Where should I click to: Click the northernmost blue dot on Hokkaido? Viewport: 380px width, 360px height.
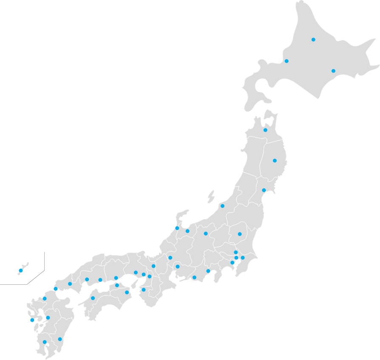tap(313, 40)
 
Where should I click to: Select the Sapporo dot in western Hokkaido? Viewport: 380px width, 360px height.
tap(286, 61)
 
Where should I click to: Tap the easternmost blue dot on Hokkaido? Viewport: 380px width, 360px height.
tap(333, 71)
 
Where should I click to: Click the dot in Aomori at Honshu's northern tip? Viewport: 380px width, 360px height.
tap(265, 130)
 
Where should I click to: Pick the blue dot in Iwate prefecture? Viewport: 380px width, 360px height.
tap(275, 161)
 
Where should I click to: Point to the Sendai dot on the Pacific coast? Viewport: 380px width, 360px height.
tap(264, 190)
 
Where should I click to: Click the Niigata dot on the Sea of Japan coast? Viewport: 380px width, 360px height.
tap(222, 206)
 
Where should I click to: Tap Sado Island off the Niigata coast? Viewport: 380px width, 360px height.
tap(211, 197)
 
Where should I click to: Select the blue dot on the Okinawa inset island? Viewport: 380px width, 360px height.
tap(20, 270)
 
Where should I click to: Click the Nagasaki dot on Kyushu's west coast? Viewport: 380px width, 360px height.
tap(32, 320)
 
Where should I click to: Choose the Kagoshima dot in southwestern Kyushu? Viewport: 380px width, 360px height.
tap(45, 342)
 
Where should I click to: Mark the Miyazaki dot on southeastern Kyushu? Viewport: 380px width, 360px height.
tap(60, 339)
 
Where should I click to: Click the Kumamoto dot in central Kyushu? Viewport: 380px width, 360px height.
tap(48, 318)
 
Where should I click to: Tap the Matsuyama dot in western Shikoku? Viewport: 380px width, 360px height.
tap(93, 298)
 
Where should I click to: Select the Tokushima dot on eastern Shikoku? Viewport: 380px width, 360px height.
tap(127, 292)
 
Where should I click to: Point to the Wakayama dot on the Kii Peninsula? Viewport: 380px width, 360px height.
tap(143, 290)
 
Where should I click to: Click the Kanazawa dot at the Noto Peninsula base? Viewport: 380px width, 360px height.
tap(177, 228)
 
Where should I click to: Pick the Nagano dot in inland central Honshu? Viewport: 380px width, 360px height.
tap(206, 233)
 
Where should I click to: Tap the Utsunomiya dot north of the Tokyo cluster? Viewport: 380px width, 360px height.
tap(240, 234)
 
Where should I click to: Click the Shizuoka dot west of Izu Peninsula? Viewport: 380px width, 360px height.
tap(208, 271)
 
